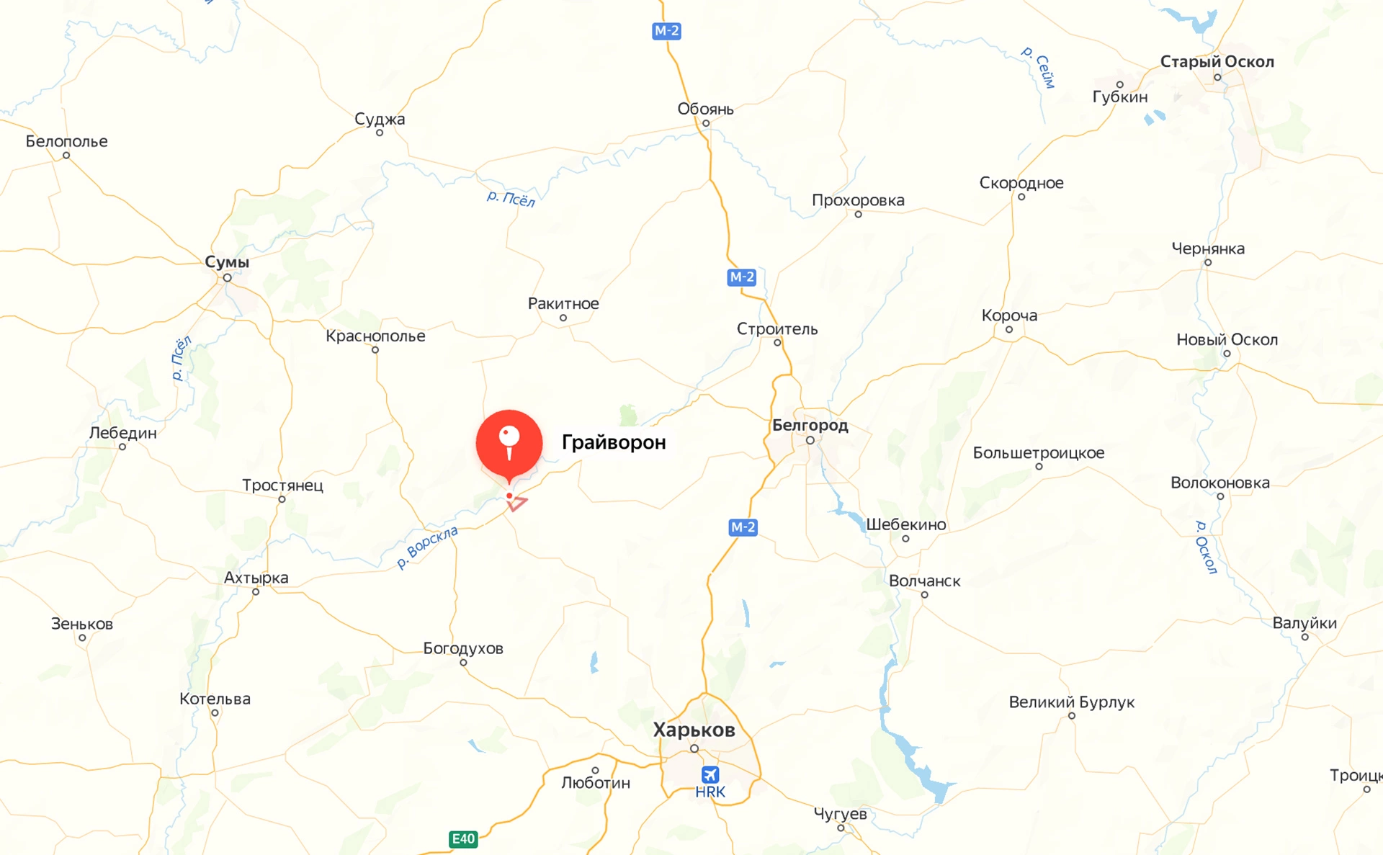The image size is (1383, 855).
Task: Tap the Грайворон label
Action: click(614, 442)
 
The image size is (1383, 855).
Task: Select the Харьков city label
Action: click(694, 730)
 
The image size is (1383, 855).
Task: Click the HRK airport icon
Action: click(710, 775)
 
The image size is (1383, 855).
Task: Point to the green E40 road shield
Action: click(463, 838)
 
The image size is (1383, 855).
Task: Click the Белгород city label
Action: click(810, 425)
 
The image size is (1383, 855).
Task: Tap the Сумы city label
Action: click(227, 262)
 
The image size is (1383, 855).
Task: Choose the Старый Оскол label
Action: click(1217, 62)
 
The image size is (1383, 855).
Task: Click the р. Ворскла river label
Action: click(427, 547)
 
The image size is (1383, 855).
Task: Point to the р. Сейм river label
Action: click(1039, 67)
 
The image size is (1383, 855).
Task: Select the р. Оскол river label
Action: click(1206, 547)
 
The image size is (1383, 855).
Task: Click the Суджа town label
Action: click(380, 119)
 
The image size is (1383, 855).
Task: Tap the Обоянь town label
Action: click(705, 109)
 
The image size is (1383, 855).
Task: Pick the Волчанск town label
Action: click(924, 581)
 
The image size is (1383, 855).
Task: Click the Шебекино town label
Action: click(905, 524)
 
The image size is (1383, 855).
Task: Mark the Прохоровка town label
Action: click(858, 200)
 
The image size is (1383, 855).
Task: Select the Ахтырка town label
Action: click(256, 578)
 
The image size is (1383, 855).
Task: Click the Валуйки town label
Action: click(1304, 623)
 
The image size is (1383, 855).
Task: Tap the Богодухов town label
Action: click(463, 648)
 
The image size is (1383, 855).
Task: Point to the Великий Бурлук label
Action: click(1071, 702)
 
